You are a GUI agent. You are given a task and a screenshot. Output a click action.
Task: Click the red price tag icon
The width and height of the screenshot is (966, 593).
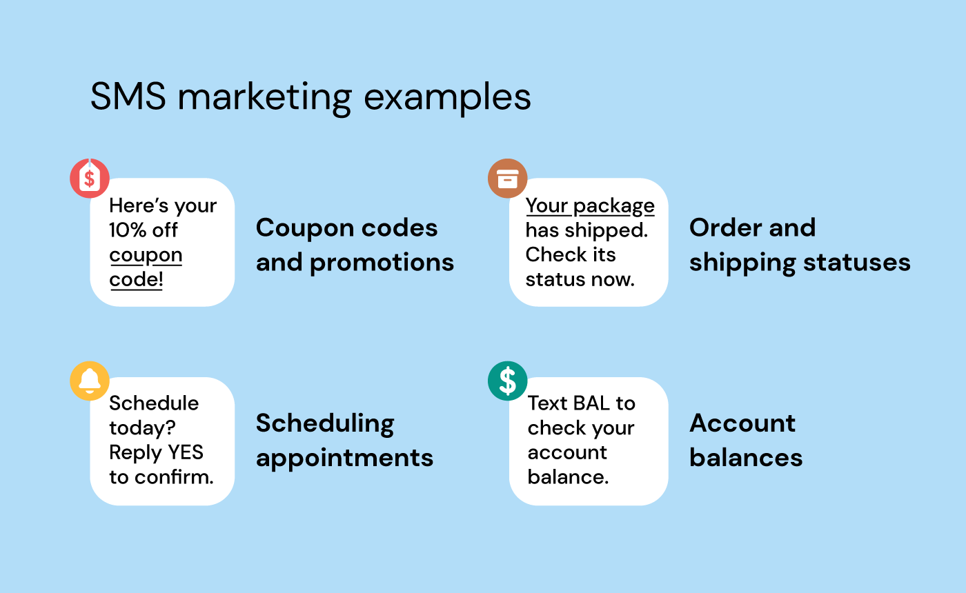click(x=90, y=179)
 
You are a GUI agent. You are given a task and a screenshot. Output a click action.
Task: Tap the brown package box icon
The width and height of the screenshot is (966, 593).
click(x=507, y=179)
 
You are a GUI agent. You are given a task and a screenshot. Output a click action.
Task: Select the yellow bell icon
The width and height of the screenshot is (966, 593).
click(x=90, y=380)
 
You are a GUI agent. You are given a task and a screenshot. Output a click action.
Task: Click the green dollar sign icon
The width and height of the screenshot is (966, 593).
click(x=507, y=380)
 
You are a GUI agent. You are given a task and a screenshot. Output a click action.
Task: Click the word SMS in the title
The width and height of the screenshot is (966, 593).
click(x=128, y=97)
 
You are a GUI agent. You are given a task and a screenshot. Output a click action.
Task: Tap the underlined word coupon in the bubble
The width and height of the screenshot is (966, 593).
click(x=146, y=256)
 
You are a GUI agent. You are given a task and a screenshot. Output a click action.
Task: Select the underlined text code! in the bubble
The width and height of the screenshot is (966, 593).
click(x=136, y=281)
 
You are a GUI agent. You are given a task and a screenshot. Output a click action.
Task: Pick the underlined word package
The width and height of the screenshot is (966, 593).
click(x=613, y=206)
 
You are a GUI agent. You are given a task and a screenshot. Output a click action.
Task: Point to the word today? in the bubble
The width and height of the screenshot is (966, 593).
click(x=141, y=428)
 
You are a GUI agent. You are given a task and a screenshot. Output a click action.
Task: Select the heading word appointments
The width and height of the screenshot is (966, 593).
click(x=344, y=459)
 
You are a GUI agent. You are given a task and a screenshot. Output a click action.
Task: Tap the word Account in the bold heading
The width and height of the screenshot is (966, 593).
click(x=742, y=423)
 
